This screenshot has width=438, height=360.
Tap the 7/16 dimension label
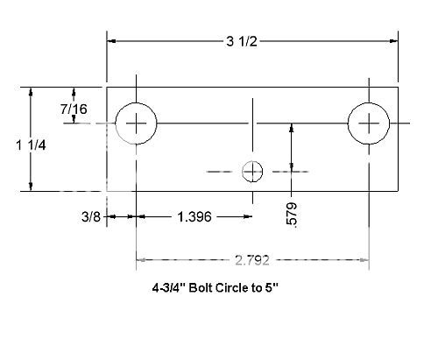click(x=74, y=109)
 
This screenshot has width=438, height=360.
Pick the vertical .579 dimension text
click(x=292, y=215)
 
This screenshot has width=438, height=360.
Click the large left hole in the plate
click(x=137, y=124)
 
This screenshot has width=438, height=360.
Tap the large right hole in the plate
click(x=368, y=124)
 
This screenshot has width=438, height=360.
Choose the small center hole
click(x=252, y=171)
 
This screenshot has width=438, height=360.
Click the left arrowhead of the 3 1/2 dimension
click(x=112, y=40)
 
